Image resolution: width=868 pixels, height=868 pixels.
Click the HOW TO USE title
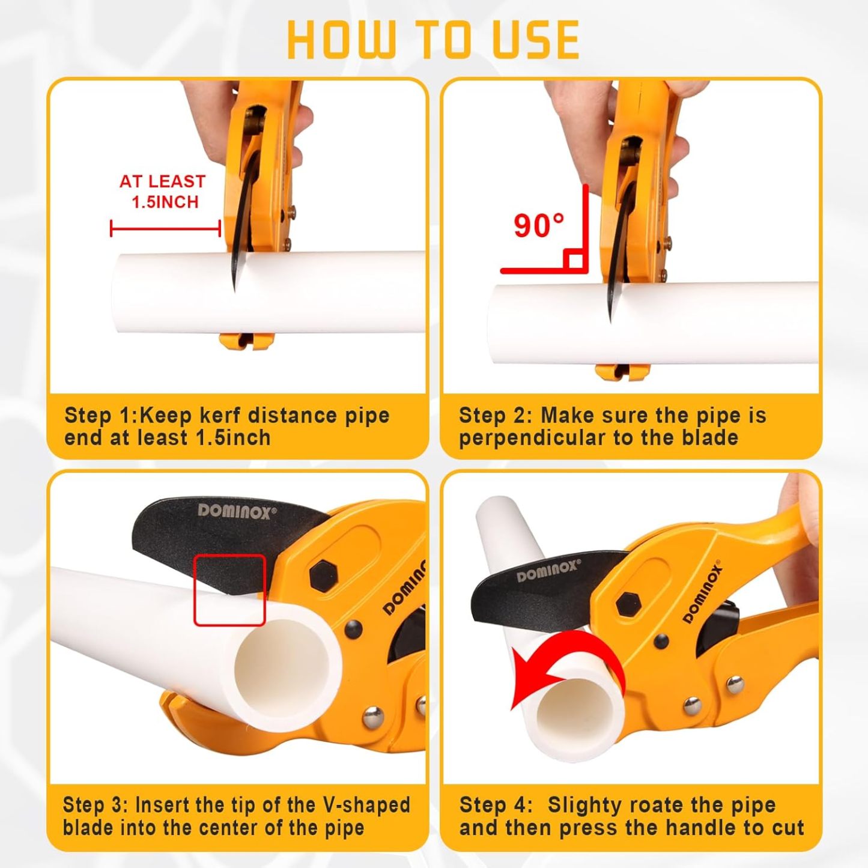point(433,40)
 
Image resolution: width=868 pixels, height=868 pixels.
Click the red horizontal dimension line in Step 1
point(165,228)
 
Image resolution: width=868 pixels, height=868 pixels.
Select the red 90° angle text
point(539,226)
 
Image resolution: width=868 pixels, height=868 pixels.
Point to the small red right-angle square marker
point(574,260)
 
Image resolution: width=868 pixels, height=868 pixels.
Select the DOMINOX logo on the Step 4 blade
point(548,571)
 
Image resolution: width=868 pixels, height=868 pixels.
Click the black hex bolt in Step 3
point(324,577)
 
